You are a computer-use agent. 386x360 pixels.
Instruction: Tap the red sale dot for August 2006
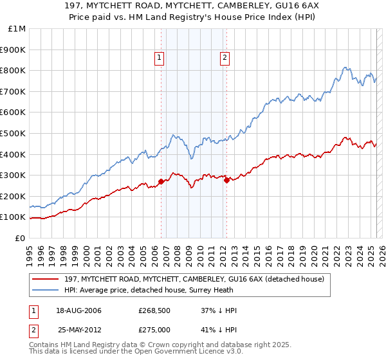tap(161, 181)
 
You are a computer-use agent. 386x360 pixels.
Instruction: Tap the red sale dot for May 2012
tap(226, 180)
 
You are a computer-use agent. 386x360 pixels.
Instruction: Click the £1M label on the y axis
tap(17, 28)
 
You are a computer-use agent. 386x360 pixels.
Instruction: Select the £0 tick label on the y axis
tap(20, 238)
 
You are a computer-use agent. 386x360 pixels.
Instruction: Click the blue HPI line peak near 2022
tap(345, 67)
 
